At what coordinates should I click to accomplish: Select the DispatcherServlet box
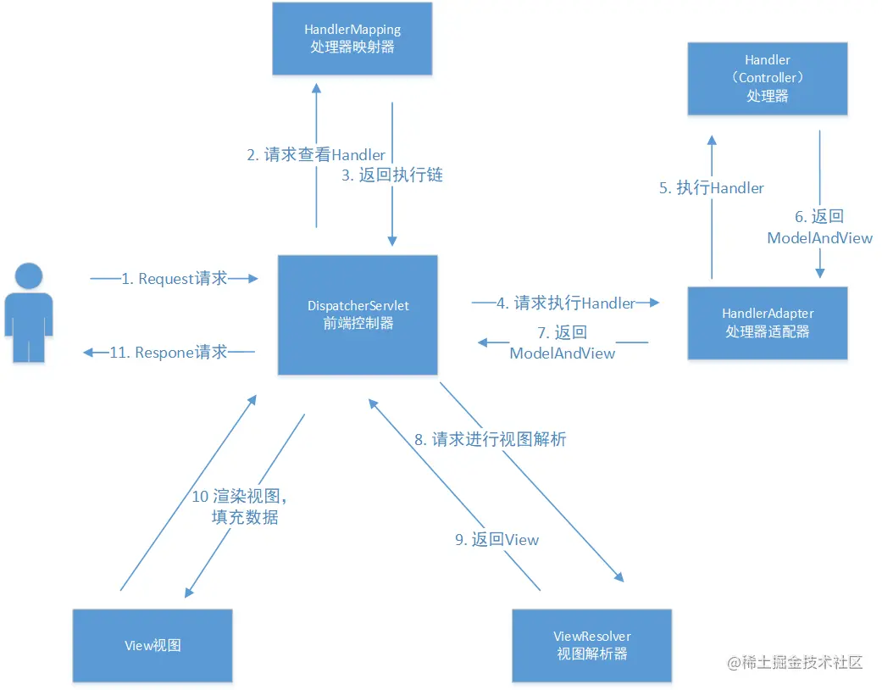click(358, 314)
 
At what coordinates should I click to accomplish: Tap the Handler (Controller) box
click(768, 78)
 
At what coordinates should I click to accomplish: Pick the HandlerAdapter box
click(768, 322)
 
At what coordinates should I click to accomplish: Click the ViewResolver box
click(592, 644)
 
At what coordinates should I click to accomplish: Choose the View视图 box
click(153, 645)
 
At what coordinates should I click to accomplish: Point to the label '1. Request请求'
click(175, 279)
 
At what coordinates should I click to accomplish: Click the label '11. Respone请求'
click(169, 353)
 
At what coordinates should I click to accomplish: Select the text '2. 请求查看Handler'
click(316, 155)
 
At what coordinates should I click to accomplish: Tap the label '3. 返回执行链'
click(392, 175)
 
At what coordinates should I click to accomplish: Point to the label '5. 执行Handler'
click(712, 188)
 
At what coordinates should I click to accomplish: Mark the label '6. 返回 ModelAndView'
click(819, 228)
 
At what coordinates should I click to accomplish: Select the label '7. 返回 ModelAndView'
click(563, 343)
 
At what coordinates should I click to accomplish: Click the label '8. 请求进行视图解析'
click(490, 439)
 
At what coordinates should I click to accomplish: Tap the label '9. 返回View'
click(496, 539)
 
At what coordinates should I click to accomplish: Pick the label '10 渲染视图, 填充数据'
click(245, 507)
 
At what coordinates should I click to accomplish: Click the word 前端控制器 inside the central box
click(358, 323)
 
